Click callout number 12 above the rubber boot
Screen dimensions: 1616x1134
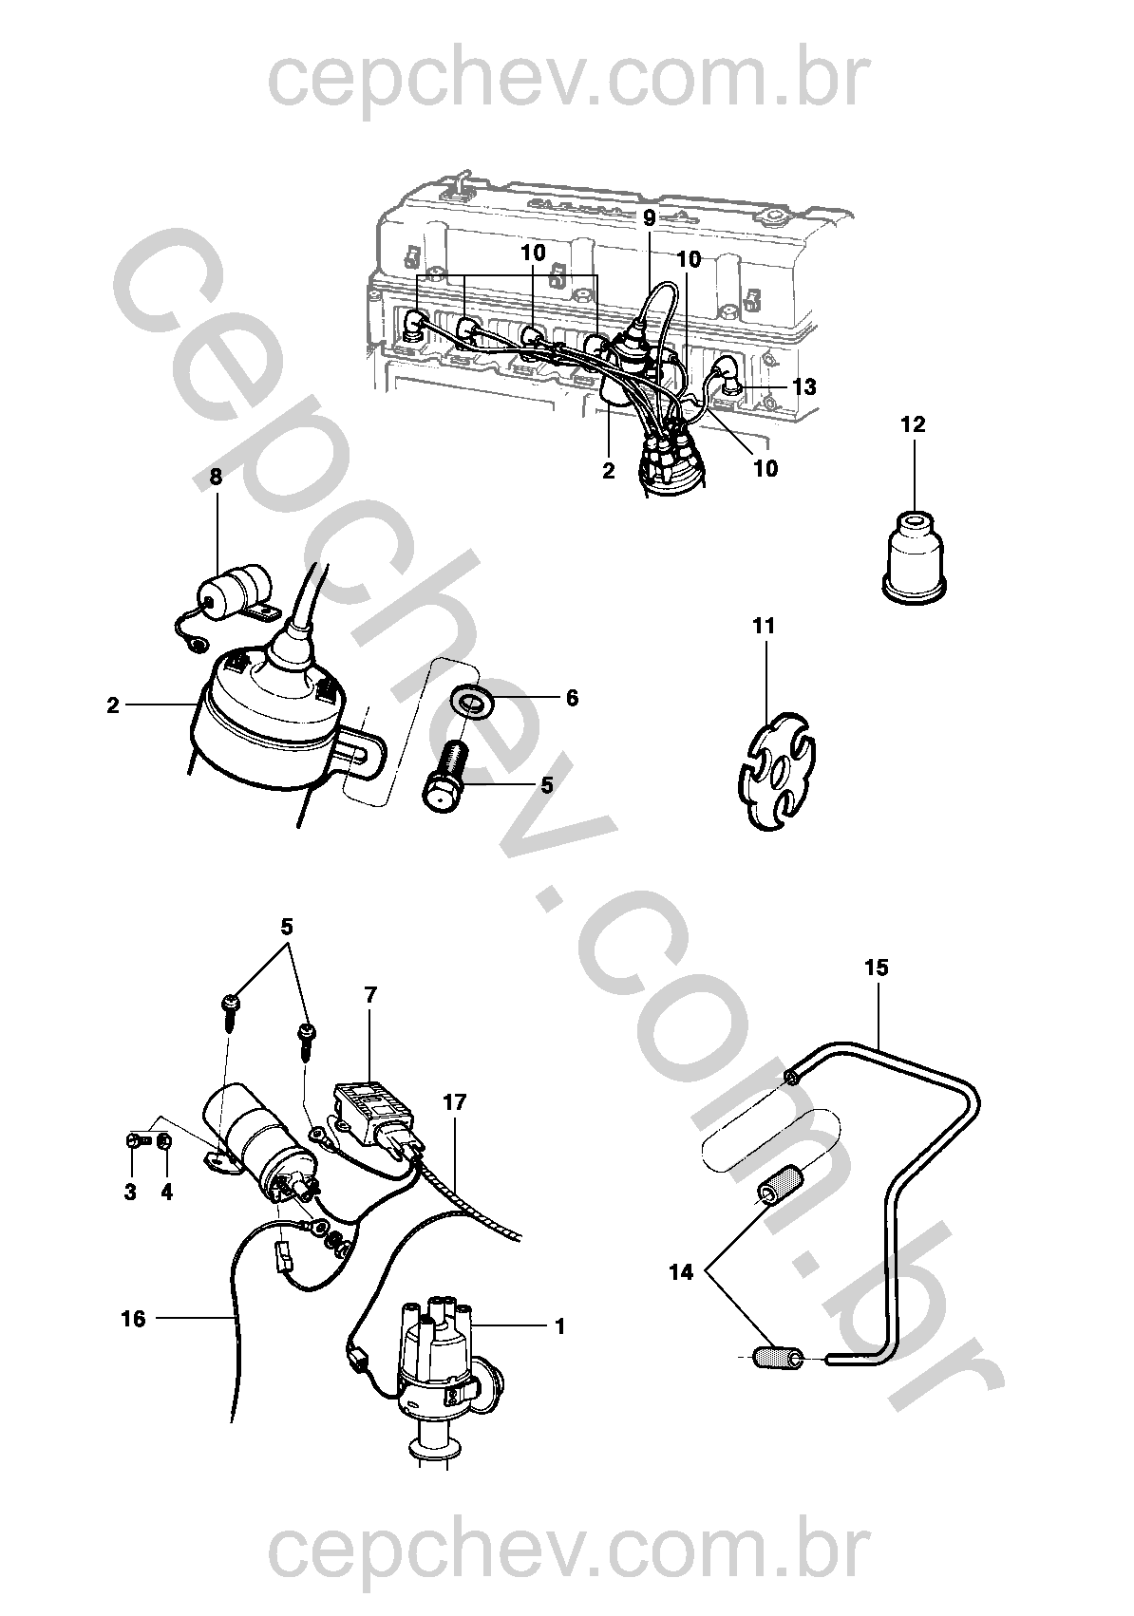[913, 424]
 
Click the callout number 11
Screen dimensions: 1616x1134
[764, 627]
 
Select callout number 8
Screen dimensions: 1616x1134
[216, 477]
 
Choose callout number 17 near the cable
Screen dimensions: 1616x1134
[455, 1102]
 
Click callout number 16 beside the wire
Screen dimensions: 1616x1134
[134, 1318]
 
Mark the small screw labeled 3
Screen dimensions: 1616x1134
[132, 1139]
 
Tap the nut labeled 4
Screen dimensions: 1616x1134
[163, 1140]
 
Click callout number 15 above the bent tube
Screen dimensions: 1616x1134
[876, 968]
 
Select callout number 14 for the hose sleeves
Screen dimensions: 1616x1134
[681, 1272]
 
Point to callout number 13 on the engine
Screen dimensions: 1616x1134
[803, 387]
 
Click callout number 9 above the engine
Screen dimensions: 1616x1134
[650, 217]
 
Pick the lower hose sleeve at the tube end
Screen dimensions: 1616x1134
[778, 1359]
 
